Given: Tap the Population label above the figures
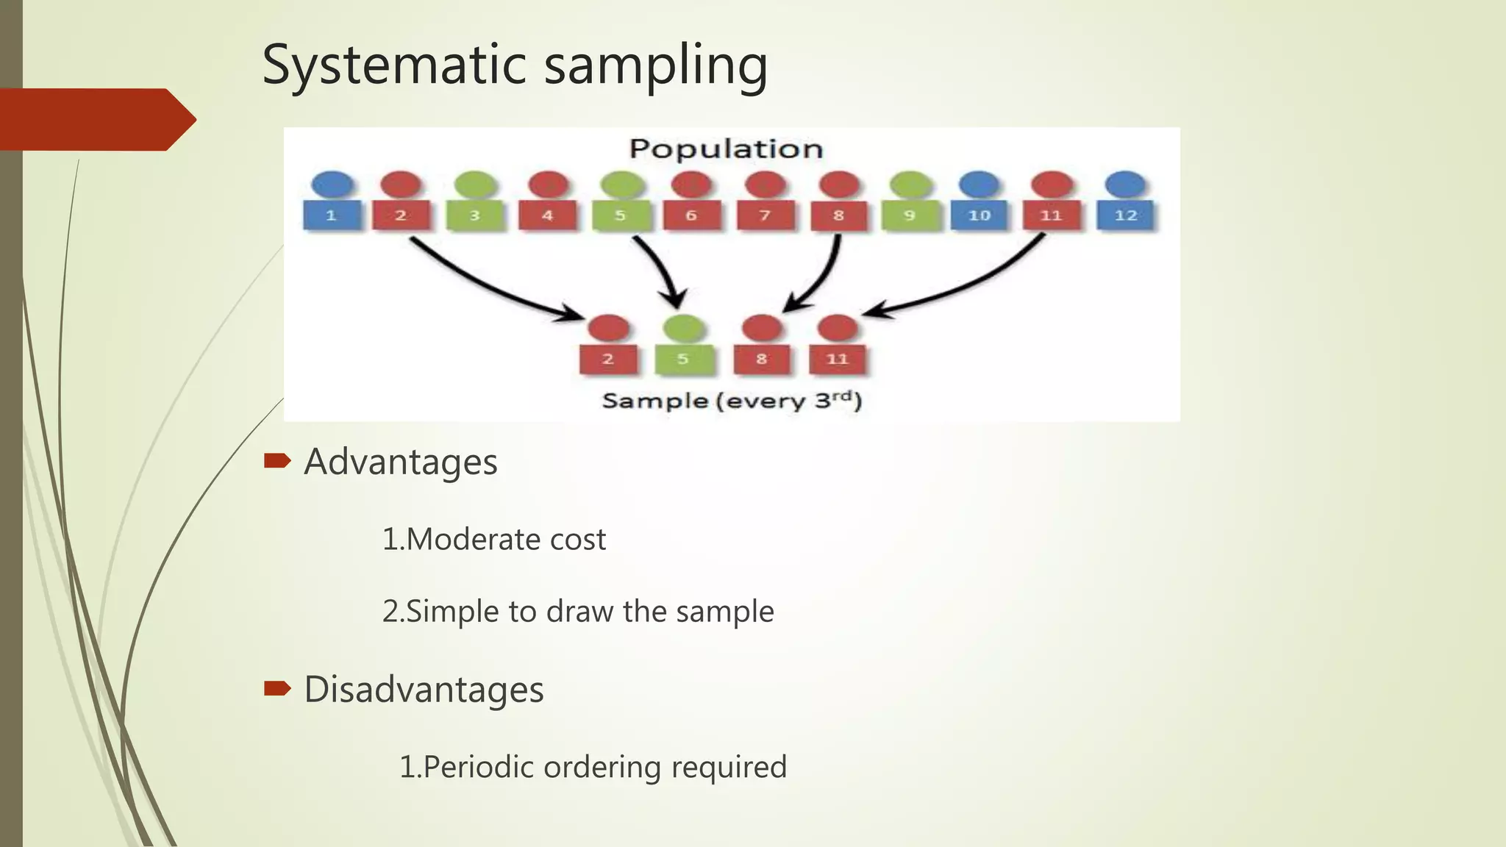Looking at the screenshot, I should coord(725,149).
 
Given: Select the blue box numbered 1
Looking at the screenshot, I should coord(332,215).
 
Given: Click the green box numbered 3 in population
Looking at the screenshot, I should coord(475,215).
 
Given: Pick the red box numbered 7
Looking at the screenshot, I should coord(765,215).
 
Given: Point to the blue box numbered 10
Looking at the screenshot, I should coord(979,215).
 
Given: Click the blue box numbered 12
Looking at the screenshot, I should coord(1125,215).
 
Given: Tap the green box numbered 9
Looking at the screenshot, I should coord(910,215).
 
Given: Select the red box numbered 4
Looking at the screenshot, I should coord(548,215).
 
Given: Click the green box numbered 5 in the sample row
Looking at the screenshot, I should coord(683,359).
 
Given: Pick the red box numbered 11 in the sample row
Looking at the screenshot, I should coord(837,359).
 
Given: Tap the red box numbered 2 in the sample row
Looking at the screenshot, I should coord(608,359).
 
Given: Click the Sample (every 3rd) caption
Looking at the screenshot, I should coord(731,401).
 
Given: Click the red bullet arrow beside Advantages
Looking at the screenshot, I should coord(277,462).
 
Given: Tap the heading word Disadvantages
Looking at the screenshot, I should coord(424,690).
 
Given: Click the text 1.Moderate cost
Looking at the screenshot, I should coord(493,540).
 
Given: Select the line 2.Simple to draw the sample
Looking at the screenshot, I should coord(577,612).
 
